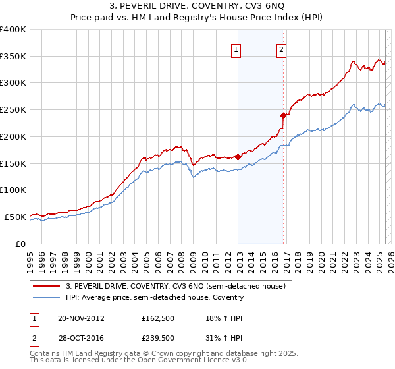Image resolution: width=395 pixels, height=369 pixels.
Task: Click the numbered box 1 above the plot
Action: tap(235, 49)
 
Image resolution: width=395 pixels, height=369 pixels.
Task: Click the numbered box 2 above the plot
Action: tap(281, 49)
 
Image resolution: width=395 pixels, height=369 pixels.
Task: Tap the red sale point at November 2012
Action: tap(238, 157)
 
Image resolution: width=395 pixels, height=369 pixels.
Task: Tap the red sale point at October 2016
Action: tap(284, 115)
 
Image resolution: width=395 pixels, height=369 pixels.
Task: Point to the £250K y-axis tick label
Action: tap(13, 110)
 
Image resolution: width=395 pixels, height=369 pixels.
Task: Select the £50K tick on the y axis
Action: tap(15, 217)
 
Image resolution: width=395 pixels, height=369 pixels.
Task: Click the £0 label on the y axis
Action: tap(20, 244)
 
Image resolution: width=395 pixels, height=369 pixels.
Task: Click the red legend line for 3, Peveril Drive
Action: tap(47, 287)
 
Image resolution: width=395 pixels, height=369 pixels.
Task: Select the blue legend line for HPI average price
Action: tap(47, 298)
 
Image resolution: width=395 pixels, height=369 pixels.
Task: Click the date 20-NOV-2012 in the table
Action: tap(81, 318)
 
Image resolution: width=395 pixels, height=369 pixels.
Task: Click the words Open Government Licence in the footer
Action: tap(183, 362)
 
